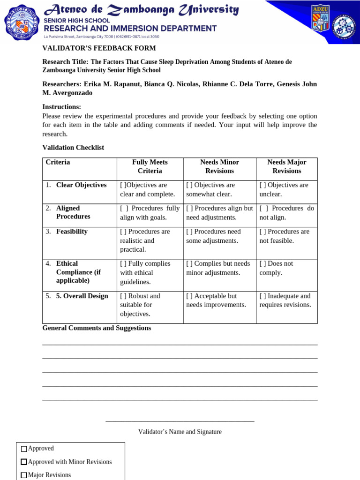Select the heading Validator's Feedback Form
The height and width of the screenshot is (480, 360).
click(x=99, y=48)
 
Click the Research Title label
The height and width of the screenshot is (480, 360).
click(x=65, y=61)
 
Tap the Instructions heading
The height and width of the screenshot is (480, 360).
click(x=61, y=107)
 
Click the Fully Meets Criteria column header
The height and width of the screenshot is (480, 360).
click(x=150, y=166)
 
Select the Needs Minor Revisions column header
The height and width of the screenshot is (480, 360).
click(x=219, y=166)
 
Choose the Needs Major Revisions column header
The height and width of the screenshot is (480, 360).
click(x=286, y=166)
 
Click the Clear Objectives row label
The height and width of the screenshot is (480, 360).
click(x=81, y=185)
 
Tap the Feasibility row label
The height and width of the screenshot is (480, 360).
click(x=72, y=232)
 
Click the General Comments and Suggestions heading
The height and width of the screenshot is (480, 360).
click(x=97, y=328)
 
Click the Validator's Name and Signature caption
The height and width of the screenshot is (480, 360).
click(x=180, y=432)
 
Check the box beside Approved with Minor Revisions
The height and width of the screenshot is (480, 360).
click(x=24, y=462)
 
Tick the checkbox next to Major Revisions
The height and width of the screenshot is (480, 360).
click(x=24, y=475)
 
